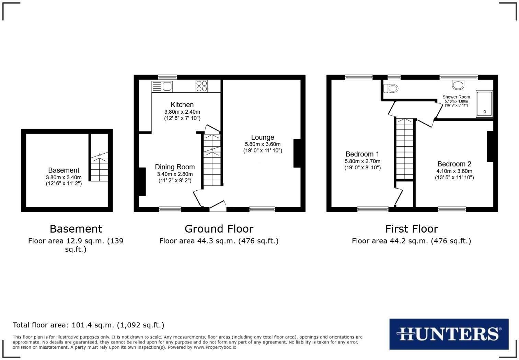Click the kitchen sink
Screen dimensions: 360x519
[162, 86]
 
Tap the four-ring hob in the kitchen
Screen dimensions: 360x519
[201, 86]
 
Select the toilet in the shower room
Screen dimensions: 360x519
[391, 88]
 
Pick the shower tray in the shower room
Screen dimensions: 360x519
[484, 104]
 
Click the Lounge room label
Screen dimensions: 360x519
[263, 137]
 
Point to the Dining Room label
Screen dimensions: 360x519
[175, 167]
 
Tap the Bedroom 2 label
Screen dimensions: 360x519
[454, 164]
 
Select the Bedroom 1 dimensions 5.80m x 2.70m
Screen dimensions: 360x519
[362, 161]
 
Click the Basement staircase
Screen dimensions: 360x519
[99, 168]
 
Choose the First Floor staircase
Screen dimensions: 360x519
[405, 148]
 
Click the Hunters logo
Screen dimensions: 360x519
[449, 334]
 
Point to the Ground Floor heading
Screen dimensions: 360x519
[219, 229]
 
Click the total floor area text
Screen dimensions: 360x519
[89, 325]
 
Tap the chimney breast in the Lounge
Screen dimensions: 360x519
[297, 153]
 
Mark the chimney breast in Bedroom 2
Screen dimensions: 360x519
[490, 146]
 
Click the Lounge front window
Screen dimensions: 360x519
[262, 209]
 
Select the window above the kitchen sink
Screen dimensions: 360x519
[167, 77]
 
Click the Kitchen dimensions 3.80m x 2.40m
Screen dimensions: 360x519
[182, 112]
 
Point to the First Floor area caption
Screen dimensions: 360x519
[411, 241]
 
